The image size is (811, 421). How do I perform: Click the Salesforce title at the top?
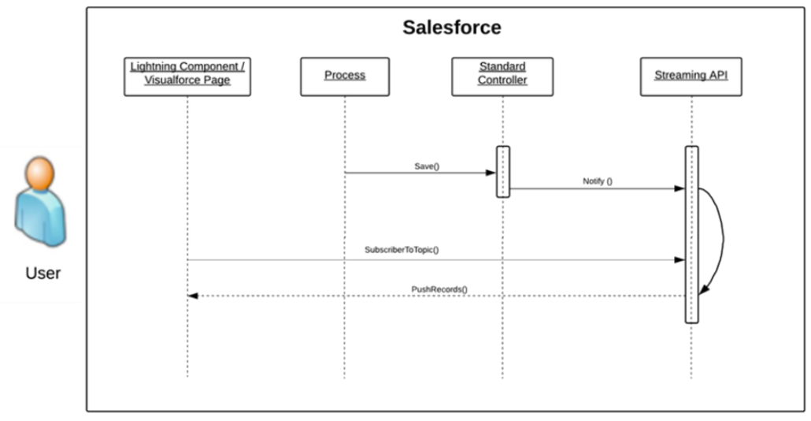[x=452, y=28]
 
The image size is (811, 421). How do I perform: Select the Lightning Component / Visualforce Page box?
[x=187, y=76]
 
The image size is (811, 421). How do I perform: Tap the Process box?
[x=345, y=76]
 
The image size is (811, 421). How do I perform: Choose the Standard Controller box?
[x=502, y=76]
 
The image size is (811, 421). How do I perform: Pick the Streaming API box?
[x=691, y=76]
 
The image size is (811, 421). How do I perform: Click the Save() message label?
[x=428, y=166]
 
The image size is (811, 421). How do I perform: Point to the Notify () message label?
[x=598, y=181]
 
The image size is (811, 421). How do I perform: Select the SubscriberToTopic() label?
[x=402, y=250]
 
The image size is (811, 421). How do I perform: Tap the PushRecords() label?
[x=439, y=289]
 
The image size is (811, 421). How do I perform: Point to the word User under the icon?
[x=43, y=274]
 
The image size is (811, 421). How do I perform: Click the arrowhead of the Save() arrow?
[x=491, y=173]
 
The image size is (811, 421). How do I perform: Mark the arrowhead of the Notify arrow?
[x=680, y=188]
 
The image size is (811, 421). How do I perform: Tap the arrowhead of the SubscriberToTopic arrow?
[x=680, y=259]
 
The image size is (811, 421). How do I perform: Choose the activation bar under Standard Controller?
[x=503, y=171]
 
